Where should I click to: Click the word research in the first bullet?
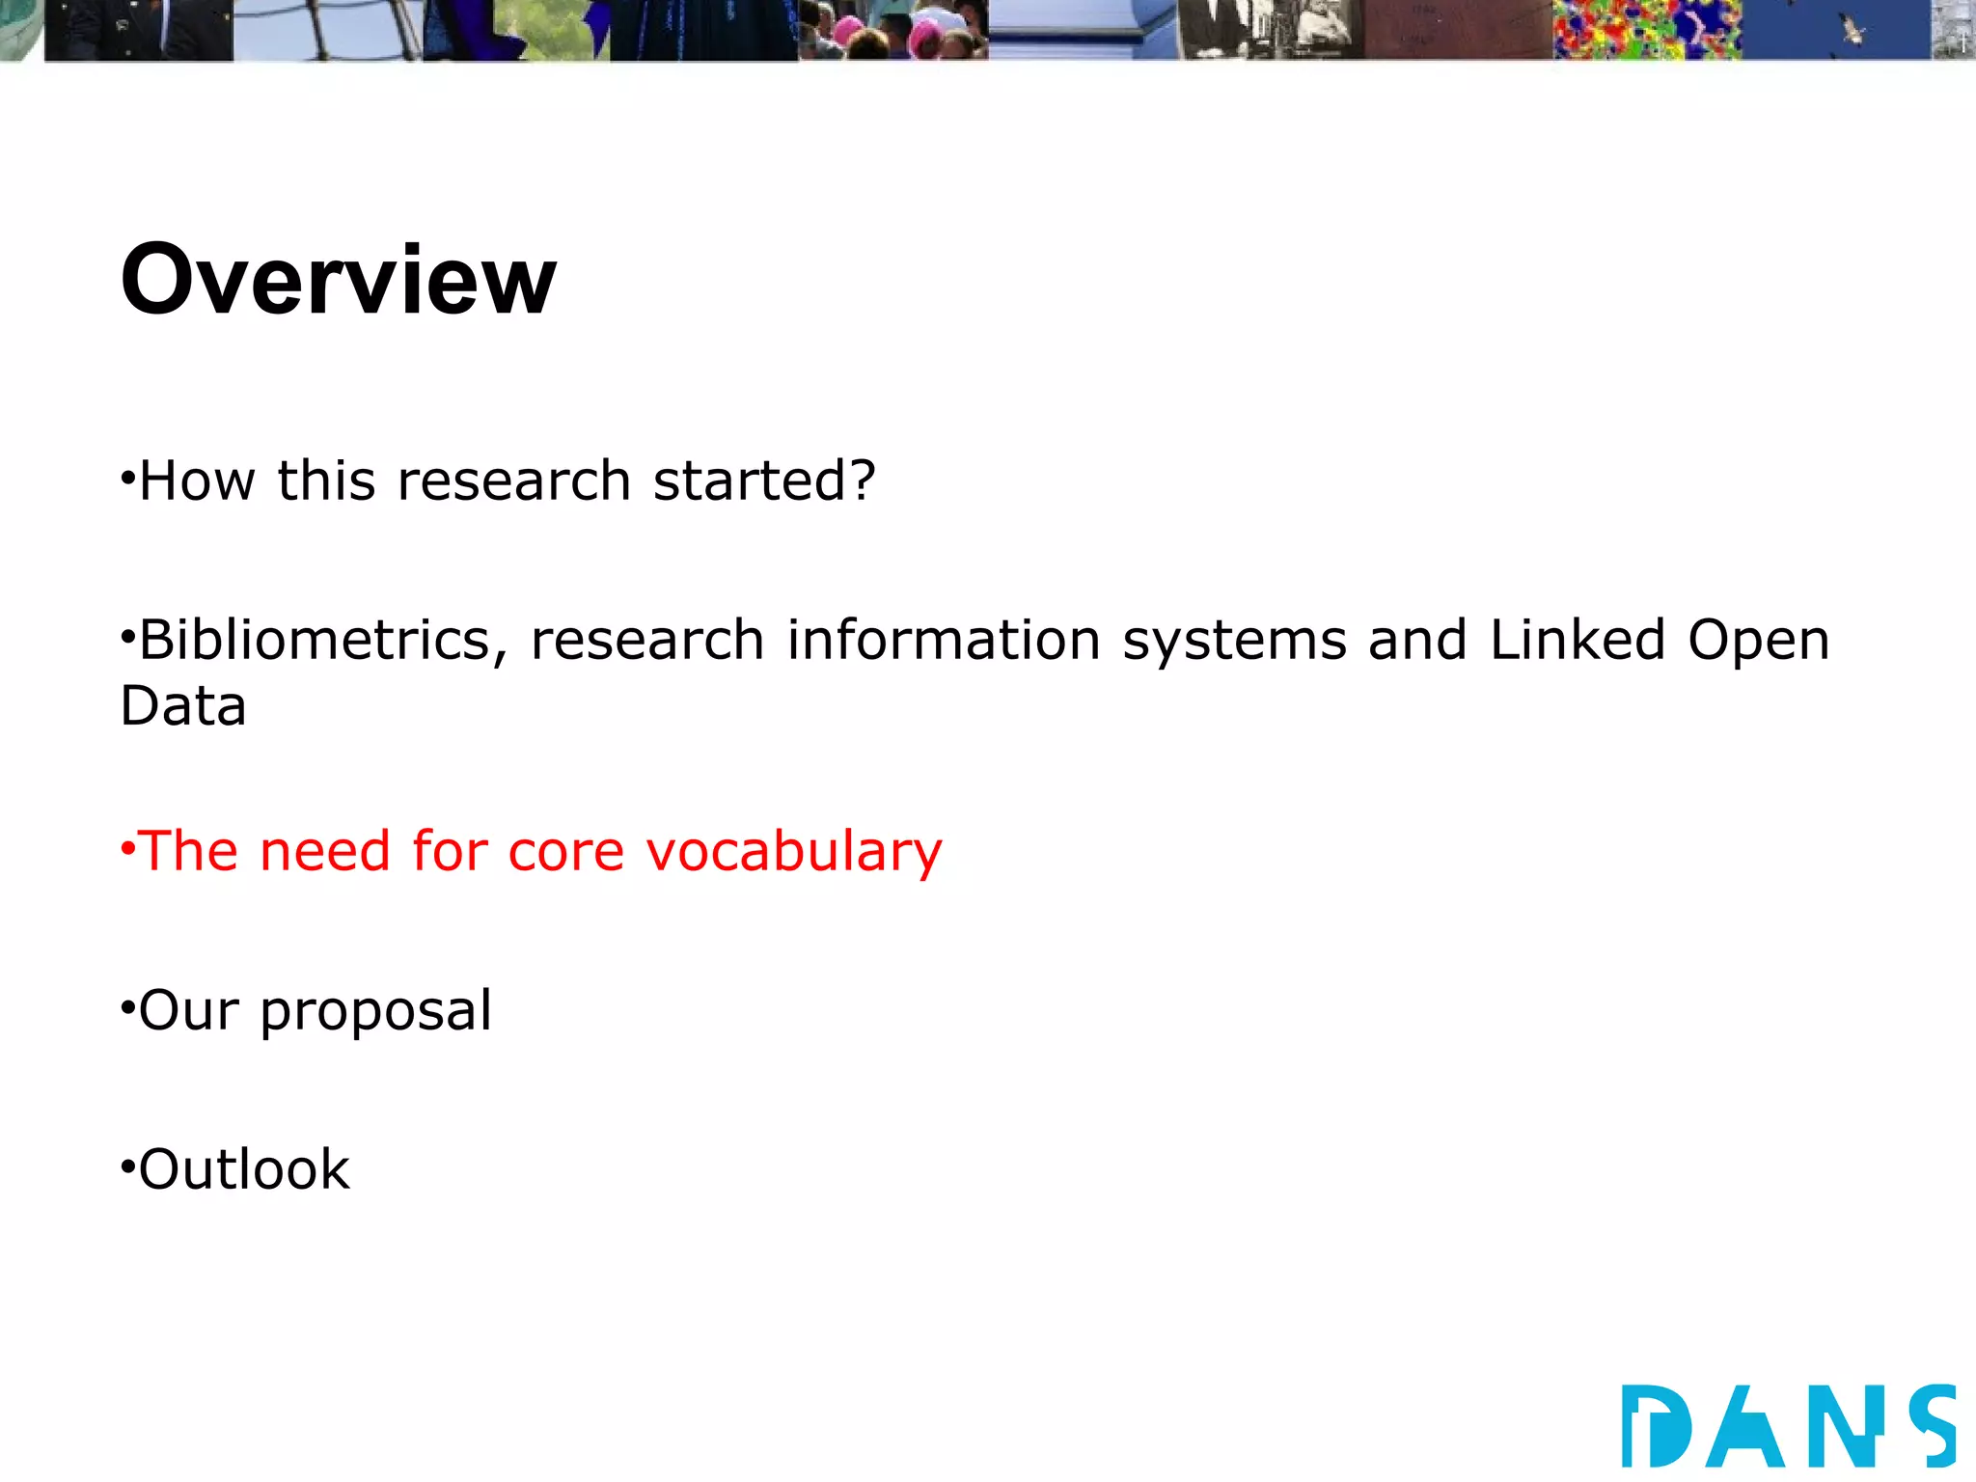[513, 480]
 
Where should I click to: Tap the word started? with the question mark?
[764, 480]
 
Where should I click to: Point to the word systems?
[1234, 641]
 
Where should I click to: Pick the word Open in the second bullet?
[1758, 641]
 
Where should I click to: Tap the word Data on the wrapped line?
[183, 706]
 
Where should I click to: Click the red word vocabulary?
[793, 853]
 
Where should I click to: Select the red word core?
[565, 853]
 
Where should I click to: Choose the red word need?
[324, 853]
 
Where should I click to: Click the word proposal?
[376, 1011]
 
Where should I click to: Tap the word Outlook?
[244, 1170]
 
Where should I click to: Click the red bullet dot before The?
[127, 849]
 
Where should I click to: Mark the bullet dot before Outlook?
[127, 1167]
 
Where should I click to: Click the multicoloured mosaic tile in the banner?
[1647, 29]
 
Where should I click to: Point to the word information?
[943, 641]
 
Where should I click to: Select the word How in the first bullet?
[197, 480]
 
